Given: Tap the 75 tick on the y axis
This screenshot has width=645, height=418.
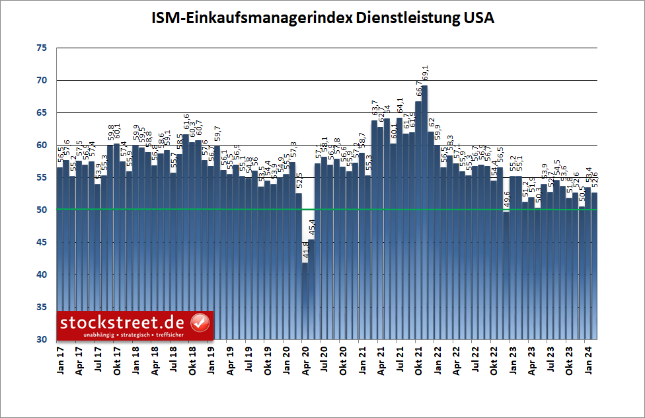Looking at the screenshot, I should coord(42,48).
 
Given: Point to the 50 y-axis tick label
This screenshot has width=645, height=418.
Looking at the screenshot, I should coord(42,210).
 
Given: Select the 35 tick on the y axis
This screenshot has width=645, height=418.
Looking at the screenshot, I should coord(42,307).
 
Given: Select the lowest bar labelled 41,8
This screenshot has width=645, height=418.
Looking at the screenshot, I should coord(305,298).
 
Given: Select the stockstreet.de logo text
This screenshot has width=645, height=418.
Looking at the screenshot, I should coord(124,323).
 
